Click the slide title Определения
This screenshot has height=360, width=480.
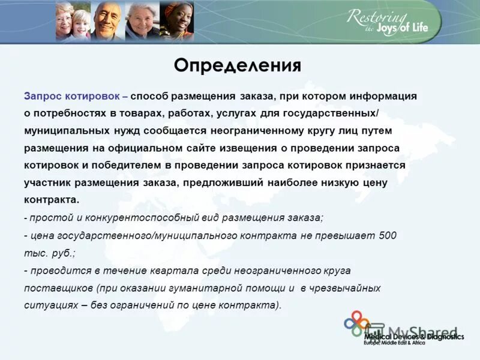[237, 65]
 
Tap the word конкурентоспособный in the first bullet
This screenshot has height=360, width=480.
[144, 218]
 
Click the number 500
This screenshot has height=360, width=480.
[388, 235]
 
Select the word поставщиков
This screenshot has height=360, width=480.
[58, 288]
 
